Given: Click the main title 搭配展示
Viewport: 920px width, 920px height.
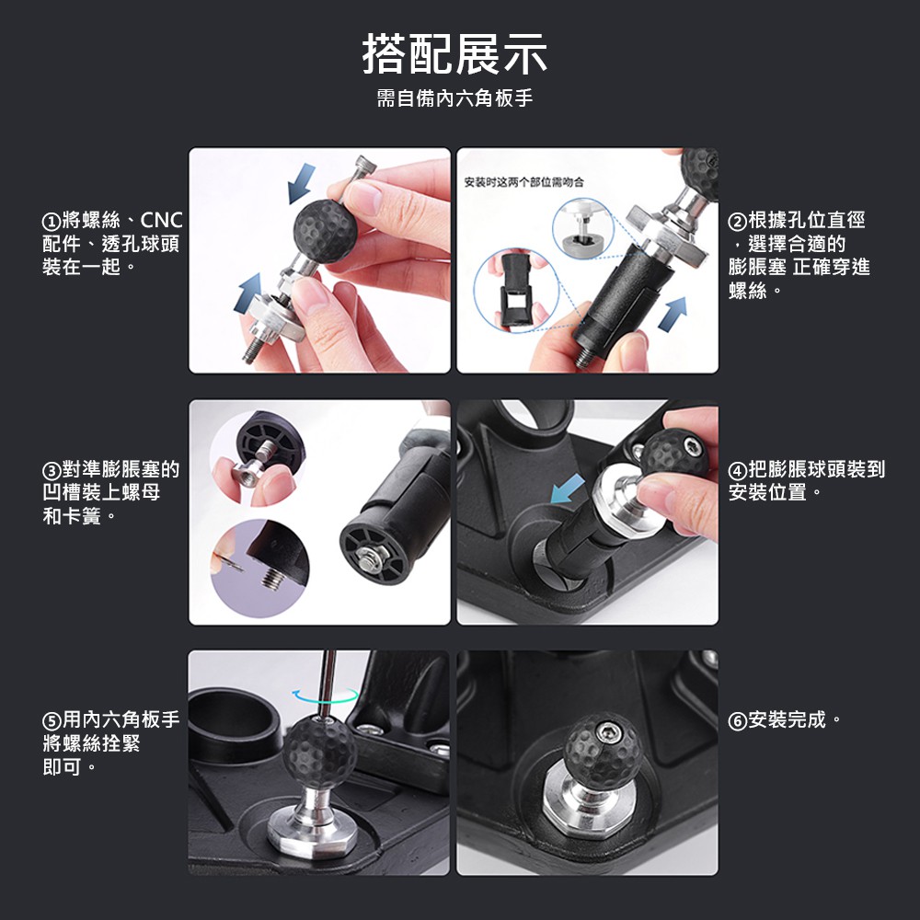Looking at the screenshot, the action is coord(454,54).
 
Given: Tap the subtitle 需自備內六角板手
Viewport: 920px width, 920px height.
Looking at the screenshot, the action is coord(454,98).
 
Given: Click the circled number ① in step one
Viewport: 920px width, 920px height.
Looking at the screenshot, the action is coord(51,222).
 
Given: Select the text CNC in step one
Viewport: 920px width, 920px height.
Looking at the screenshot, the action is coord(161,221).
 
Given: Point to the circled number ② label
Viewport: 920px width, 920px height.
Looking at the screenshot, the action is coord(737,222).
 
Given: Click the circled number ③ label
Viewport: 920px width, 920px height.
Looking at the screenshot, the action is coord(51,470).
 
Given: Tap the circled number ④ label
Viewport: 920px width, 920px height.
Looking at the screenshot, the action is coord(737,470).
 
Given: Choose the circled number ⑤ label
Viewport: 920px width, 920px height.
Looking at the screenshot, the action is coord(51,720).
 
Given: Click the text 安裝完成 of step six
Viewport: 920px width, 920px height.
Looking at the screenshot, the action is coord(787,720).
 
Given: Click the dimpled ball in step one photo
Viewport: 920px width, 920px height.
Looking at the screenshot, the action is coord(325,231).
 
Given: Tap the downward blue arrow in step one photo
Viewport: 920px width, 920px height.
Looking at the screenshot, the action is coord(301,183).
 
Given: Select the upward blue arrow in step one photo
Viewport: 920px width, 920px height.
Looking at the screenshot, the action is coord(248,293).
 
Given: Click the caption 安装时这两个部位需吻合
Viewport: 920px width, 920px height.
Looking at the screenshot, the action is coord(524,182).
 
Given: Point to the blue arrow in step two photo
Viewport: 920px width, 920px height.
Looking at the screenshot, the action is coord(673,314).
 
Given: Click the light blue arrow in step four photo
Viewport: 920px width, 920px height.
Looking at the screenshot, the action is coord(568,489).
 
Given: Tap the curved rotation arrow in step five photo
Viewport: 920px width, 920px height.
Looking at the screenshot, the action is coord(326,696).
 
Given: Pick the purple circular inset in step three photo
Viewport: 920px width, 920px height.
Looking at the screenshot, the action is coord(260,568).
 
